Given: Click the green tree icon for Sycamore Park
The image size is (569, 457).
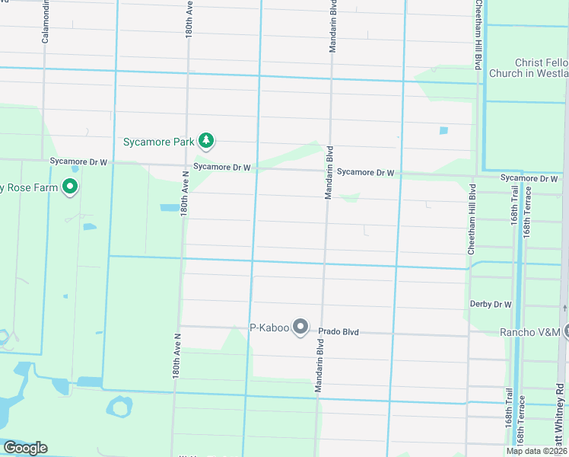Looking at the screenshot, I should [x=205, y=140].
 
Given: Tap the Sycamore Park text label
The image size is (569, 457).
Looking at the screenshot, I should [x=158, y=142].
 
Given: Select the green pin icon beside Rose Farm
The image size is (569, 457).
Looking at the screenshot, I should [x=70, y=186].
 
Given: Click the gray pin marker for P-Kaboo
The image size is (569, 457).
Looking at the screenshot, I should [x=300, y=328].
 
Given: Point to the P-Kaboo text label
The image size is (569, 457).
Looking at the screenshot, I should [x=269, y=328].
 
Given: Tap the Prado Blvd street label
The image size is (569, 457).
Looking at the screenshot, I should [x=338, y=332].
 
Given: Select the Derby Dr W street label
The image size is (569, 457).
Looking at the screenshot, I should [x=491, y=305].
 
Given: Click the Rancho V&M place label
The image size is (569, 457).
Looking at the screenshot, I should [x=529, y=332].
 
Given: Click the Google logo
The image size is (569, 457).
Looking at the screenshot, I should [x=24, y=448].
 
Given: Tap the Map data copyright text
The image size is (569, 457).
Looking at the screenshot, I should [x=536, y=451].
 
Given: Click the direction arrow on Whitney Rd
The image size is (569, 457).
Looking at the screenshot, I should [x=564, y=307].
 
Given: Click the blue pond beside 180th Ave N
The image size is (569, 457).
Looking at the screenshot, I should [x=170, y=207].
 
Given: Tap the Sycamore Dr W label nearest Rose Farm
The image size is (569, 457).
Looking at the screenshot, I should [x=79, y=161].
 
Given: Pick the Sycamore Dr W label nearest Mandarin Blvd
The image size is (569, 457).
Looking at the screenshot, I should [x=366, y=173].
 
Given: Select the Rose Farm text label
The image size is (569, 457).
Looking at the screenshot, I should [x=29, y=187].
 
